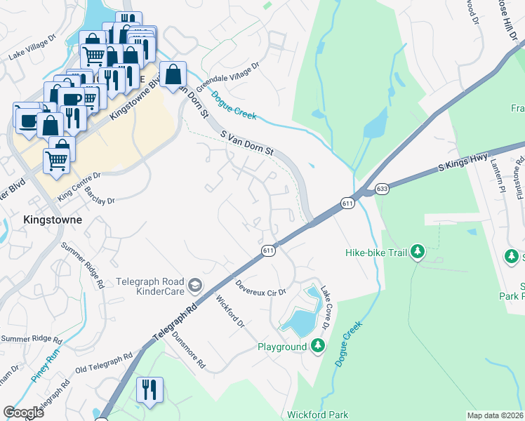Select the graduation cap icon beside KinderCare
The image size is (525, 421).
point(194,284)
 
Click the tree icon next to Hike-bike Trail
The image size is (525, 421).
point(418,251)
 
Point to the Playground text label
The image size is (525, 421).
point(282,347)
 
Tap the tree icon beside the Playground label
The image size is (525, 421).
point(318,346)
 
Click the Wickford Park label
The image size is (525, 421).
point(317,415)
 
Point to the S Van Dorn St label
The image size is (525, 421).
point(246,143)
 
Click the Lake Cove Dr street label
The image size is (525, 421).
point(326,309)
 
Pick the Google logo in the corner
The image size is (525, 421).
point(23,413)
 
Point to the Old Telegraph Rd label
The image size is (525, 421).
point(104,363)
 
